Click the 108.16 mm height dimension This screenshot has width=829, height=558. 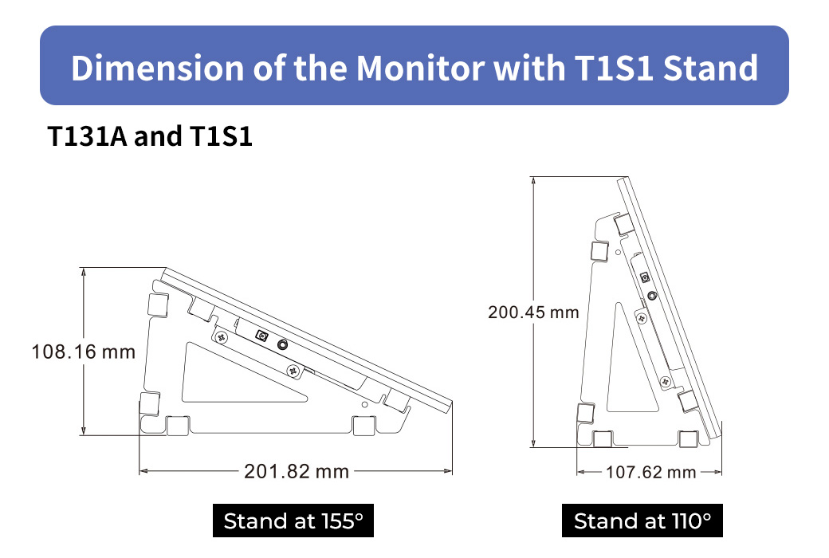tap(83, 352)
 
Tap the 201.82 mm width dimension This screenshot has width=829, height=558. tap(297, 472)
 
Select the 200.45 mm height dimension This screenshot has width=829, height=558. tap(533, 312)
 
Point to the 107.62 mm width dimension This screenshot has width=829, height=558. tap(650, 473)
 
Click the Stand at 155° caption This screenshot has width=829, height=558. tap(293, 521)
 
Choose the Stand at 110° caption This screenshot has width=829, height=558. tap(642, 521)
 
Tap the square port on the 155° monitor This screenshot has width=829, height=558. tap(260, 337)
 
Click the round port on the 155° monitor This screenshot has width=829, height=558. tap(282, 345)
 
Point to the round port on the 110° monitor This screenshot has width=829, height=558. tap(652, 296)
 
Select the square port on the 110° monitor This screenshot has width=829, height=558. tap(644, 278)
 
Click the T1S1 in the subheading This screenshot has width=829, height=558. tap(221, 137)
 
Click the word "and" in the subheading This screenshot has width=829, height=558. tap(158, 137)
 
